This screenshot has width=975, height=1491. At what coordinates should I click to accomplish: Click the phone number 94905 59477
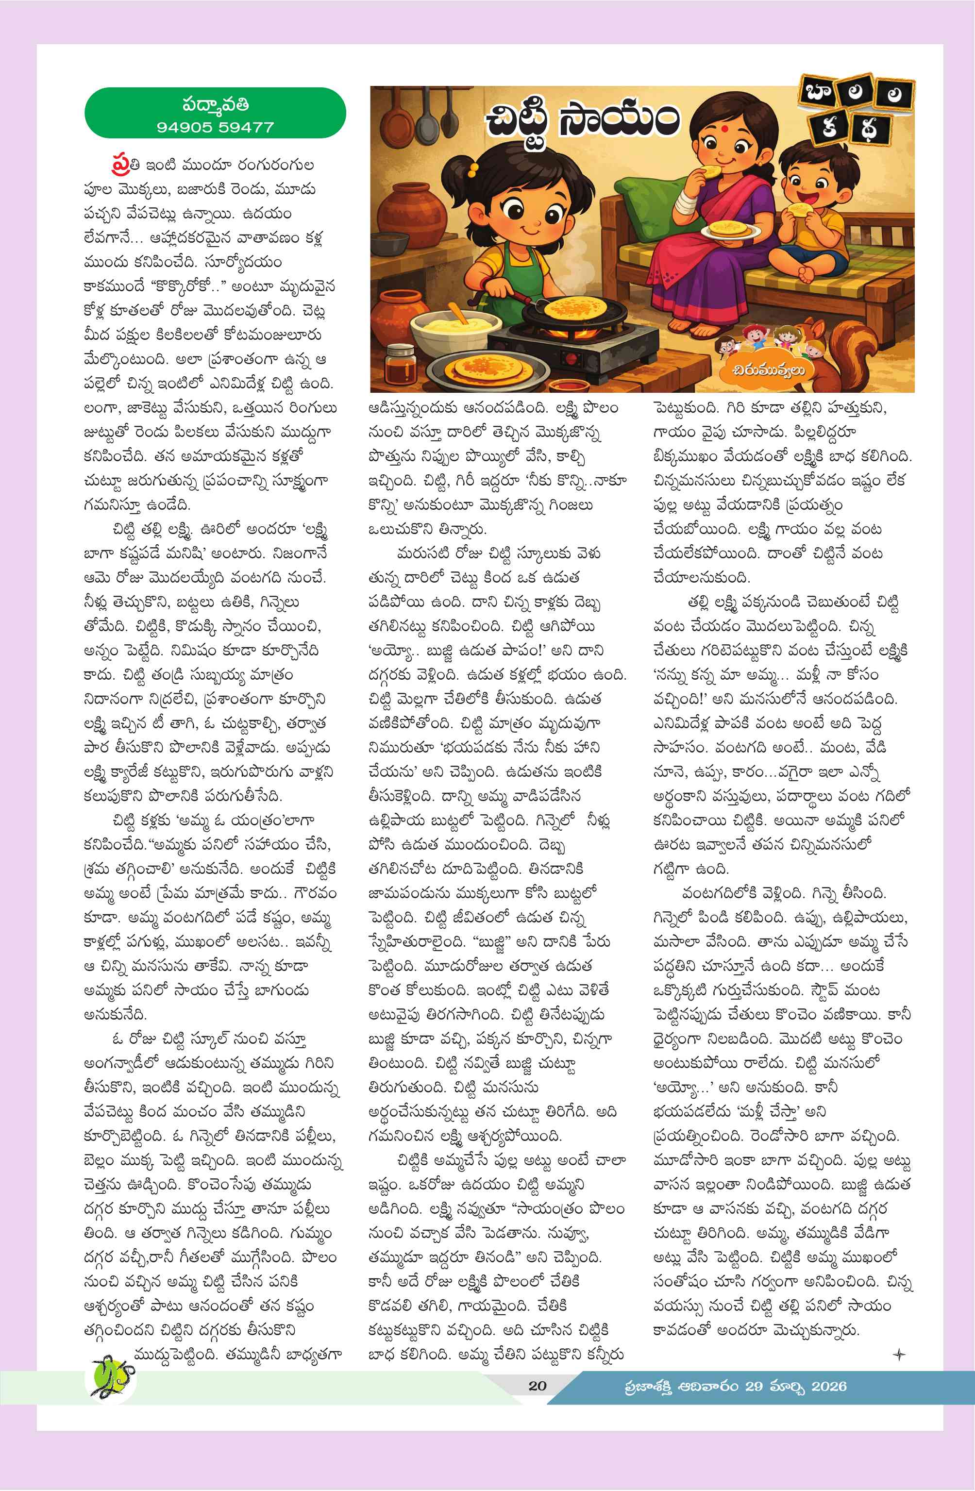(215, 127)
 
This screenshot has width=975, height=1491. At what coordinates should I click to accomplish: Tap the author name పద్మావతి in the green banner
(215, 103)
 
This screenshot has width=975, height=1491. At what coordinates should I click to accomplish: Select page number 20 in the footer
(537, 1386)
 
